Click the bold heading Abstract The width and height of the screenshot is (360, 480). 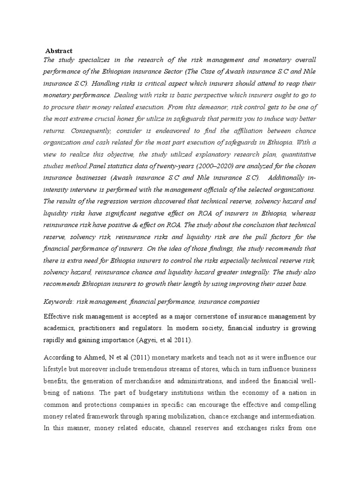click(x=59, y=50)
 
